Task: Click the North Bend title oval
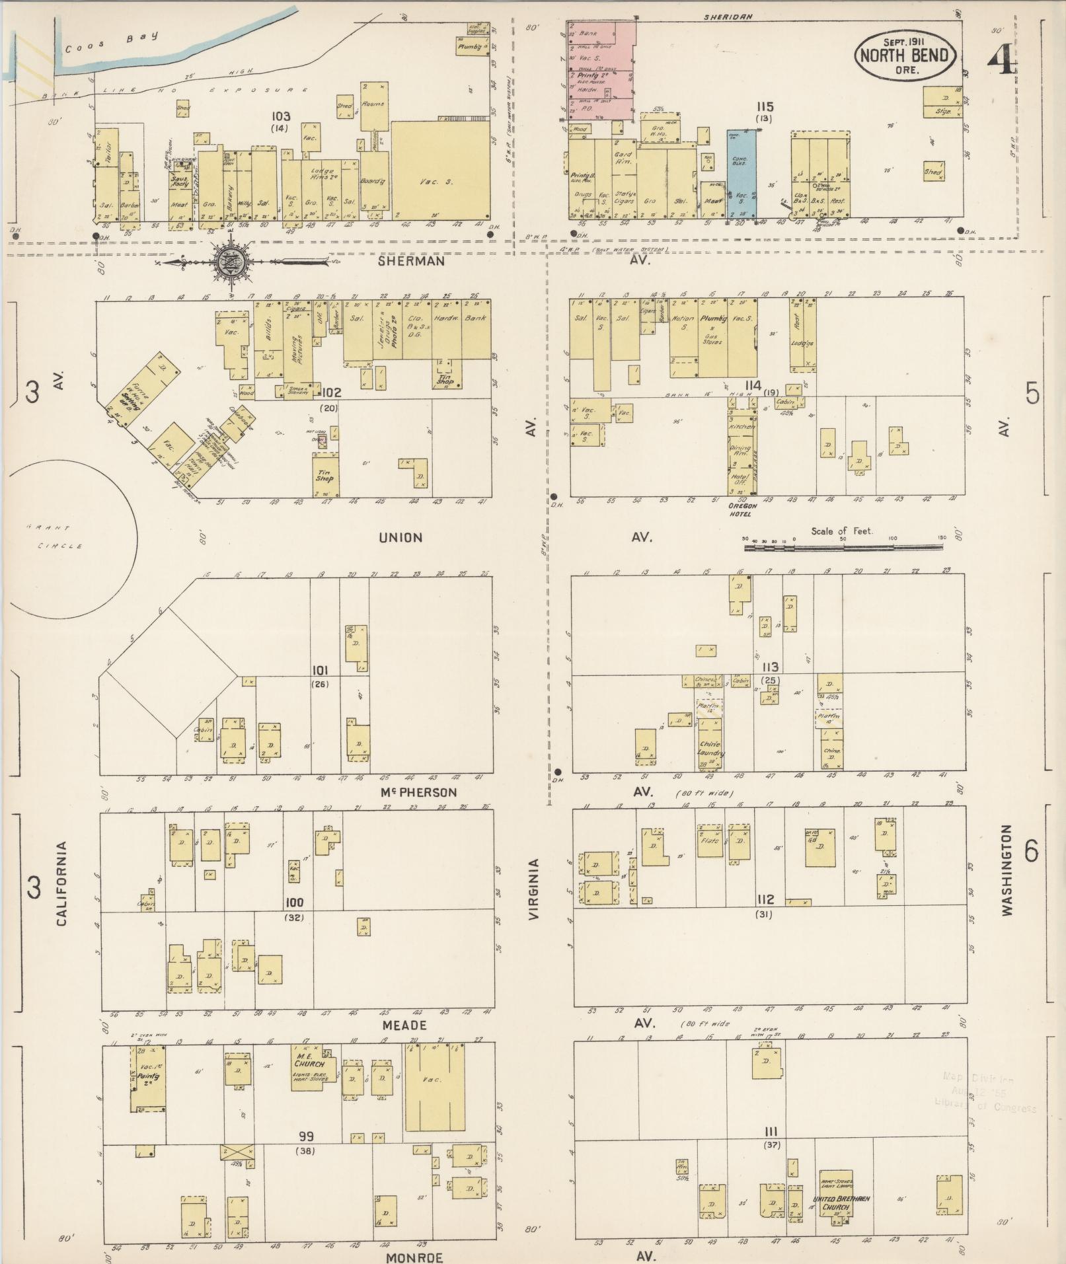click(x=905, y=56)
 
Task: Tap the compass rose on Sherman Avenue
click(x=231, y=262)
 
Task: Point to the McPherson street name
click(x=420, y=792)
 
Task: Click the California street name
click(x=61, y=883)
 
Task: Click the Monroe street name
click(x=414, y=1257)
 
